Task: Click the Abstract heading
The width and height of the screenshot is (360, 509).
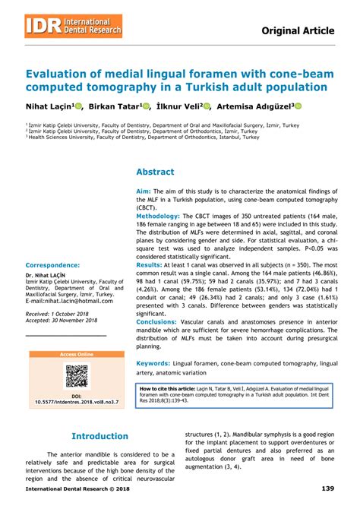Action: click(155, 172)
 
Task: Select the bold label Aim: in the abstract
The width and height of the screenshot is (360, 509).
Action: click(144, 192)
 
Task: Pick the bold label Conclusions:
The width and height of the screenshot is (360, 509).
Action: click(156, 321)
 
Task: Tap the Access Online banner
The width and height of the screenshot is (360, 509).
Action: click(76, 355)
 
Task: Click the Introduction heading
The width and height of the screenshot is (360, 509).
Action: click(99, 437)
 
